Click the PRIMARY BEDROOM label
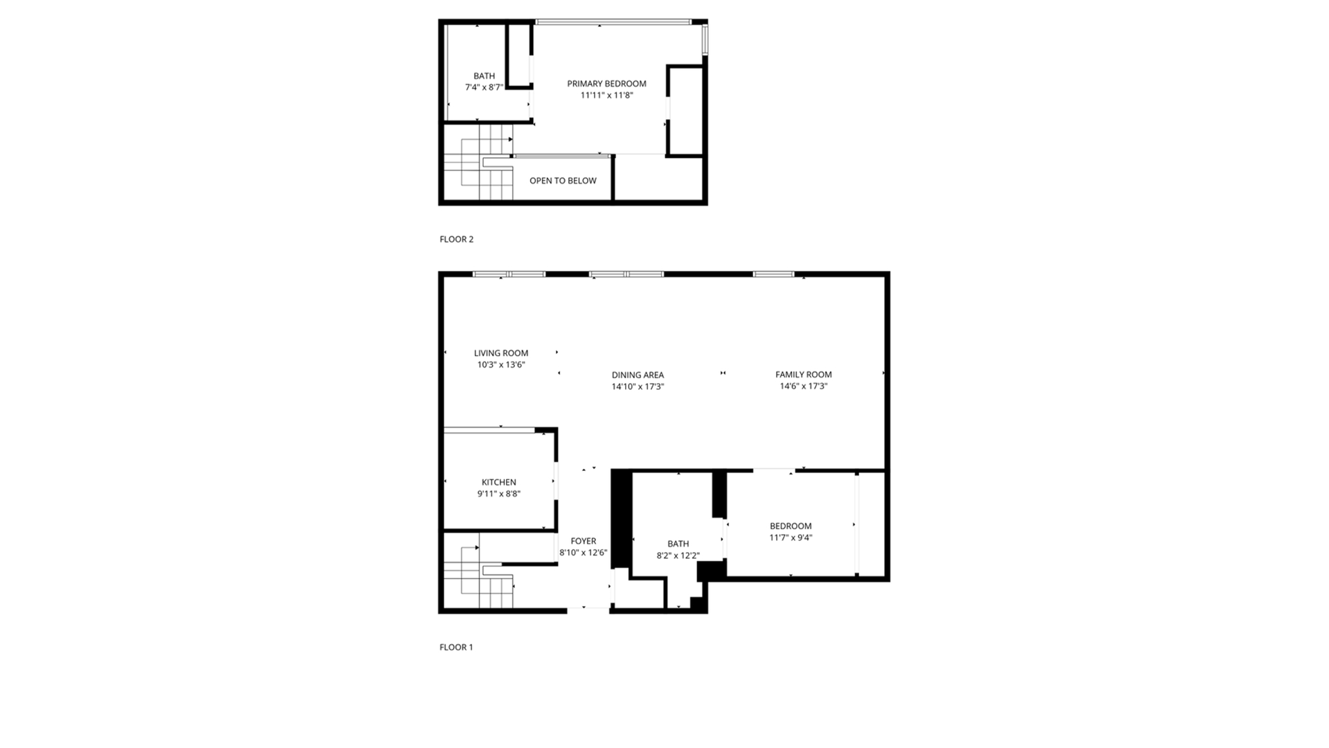coord(606,84)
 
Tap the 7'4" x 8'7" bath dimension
coord(484,87)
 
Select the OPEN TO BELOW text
coord(563,181)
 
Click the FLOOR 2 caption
coord(456,240)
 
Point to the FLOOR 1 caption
coord(456,648)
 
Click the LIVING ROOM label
coord(501,353)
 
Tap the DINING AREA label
coord(638,375)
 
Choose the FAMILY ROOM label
coord(804,375)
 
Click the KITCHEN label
coord(499,483)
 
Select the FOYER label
coord(584,542)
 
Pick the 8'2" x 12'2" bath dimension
coord(678,555)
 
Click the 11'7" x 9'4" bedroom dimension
coord(790,537)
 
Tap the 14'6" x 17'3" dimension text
coord(804,386)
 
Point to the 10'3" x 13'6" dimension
coord(501,365)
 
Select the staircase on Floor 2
coord(478,163)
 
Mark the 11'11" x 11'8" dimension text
coord(606,96)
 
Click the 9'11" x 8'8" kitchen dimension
coord(499,495)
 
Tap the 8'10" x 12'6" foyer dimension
coord(584,553)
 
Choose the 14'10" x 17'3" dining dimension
coord(638,387)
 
